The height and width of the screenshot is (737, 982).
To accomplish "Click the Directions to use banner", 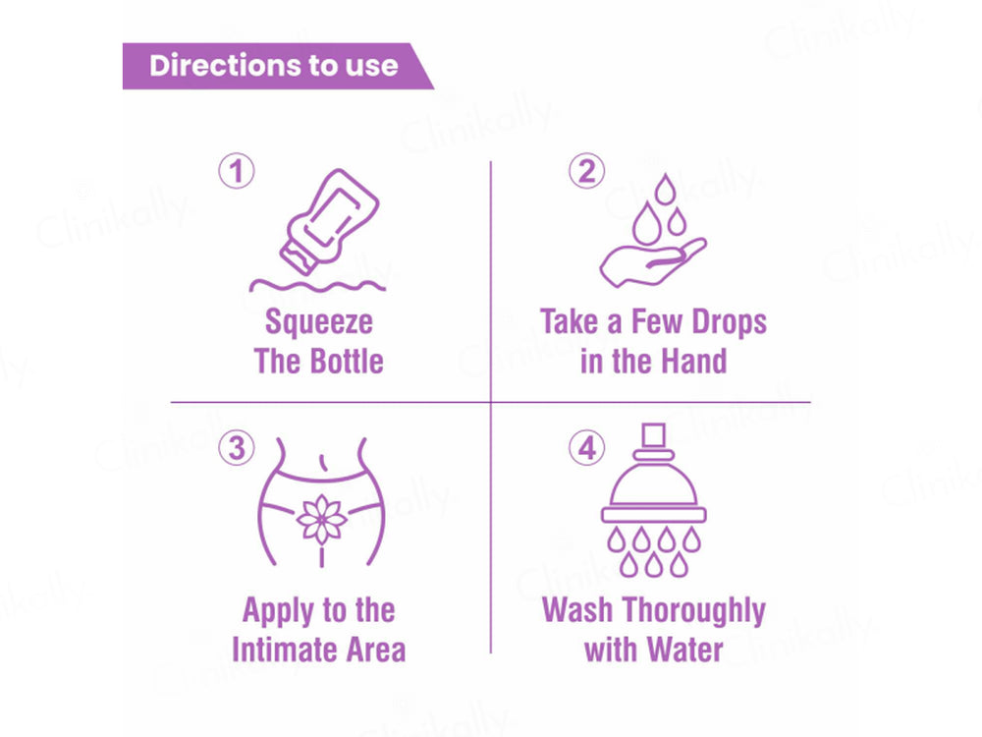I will coord(275,66).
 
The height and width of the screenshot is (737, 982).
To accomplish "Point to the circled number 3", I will coord(236,449).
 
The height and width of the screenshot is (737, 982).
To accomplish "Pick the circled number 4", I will coord(587,449).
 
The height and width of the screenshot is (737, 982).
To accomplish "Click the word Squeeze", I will coord(319,322).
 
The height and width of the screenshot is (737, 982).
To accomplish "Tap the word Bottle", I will coord(347,361).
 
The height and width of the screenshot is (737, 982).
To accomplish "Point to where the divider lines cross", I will coord(491,402).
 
